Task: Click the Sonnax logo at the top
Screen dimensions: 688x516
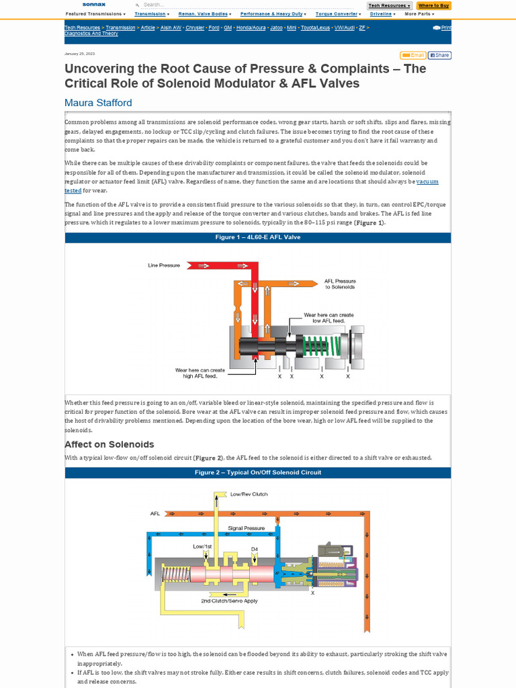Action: (94, 5)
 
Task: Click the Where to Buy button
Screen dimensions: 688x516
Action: (433, 5)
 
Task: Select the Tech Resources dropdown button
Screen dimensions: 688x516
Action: (390, 5)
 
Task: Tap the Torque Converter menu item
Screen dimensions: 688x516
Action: (338, 13)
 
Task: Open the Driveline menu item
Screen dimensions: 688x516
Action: (382, 13)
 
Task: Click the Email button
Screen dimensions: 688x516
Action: (413, 55)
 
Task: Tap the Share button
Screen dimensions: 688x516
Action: (439, 55)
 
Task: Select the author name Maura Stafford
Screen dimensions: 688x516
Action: (98, 103)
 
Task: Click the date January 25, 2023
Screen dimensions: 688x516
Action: (79, 53)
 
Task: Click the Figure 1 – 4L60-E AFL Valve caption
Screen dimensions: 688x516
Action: (258, 237)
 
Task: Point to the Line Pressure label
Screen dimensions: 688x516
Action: (164, 265)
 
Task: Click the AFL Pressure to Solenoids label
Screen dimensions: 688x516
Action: (340, 284)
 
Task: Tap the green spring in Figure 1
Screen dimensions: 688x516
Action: (320, 347)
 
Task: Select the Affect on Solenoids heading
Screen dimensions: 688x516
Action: (109, 444)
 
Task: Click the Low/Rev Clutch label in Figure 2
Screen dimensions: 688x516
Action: (249, 494)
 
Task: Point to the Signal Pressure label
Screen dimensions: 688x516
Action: (246, 528)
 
